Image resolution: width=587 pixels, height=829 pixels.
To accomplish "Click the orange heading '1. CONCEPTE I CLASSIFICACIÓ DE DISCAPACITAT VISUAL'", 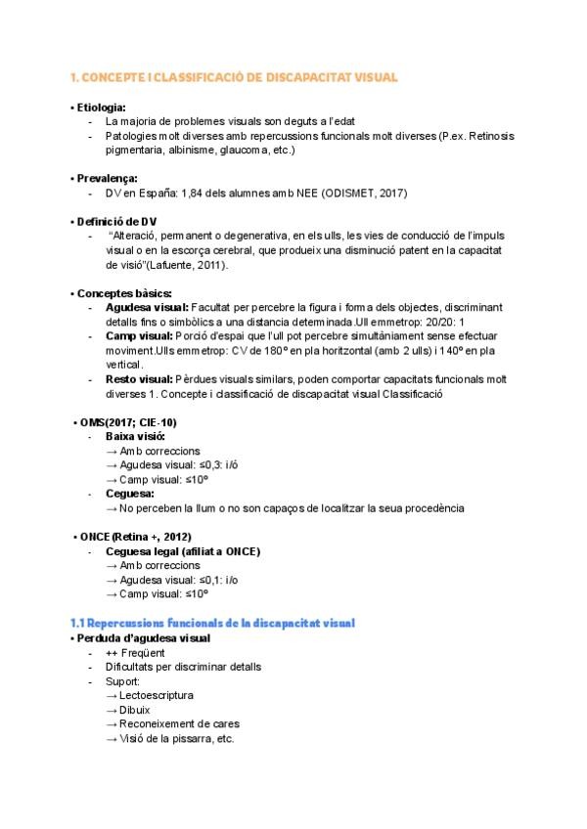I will click(234, 77).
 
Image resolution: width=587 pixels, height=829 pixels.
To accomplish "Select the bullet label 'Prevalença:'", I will click(105, 178).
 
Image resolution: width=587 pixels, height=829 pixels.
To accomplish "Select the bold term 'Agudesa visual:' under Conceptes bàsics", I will click(147, 307).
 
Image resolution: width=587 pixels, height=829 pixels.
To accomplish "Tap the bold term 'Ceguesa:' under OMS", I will click(130, 494).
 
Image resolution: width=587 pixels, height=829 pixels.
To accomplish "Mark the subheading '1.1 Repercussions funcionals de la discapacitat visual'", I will click(212, 623).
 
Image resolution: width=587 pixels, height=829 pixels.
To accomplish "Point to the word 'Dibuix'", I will click(137, 710).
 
